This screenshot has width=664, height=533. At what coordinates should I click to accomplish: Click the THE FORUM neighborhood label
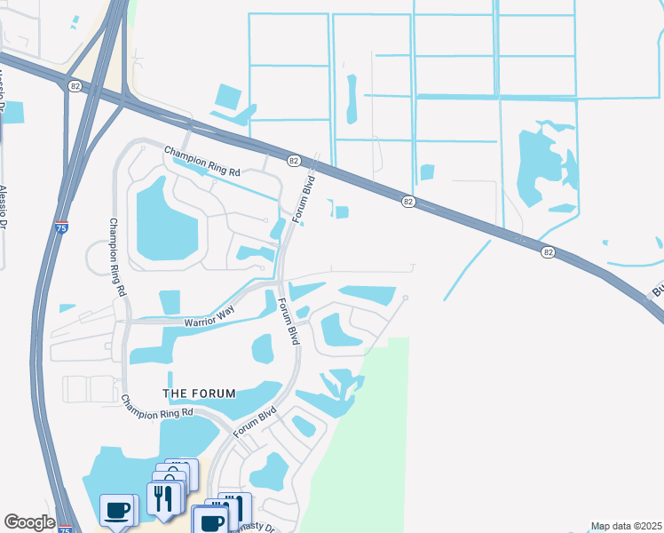click(x=199, y=394)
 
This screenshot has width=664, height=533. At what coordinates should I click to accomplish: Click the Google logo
click(x=29, y=522)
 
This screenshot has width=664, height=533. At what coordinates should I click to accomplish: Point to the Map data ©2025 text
click(x=626, y=526)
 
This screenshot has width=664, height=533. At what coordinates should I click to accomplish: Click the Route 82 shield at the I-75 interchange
click(x=75, y=85)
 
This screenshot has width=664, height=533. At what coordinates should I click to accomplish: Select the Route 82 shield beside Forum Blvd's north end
click(x=293, y=160)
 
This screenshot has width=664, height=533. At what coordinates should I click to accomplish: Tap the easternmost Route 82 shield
click(x=548, y=252)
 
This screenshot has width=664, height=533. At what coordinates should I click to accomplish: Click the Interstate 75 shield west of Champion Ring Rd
click(x=61, y=227)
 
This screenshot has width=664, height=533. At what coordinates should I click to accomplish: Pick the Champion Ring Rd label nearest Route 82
click(x=202, y=160)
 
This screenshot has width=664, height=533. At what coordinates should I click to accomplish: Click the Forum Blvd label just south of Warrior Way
click(x=288, y=321)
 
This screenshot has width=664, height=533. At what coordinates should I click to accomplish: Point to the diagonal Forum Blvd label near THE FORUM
click(x=256, y=421)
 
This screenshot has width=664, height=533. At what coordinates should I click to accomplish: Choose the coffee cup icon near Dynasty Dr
click(x=212, y=521)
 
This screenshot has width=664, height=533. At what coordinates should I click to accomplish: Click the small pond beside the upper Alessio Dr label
click(x=14, y=113)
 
